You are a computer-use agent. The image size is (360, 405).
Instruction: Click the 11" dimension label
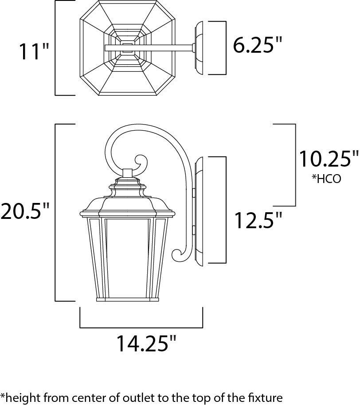point(33,51)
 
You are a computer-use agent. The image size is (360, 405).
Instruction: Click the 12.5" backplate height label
point(258,220)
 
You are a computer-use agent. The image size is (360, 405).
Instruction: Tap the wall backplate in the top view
point(198,47)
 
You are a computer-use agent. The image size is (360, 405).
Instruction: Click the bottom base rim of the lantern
point(128,300)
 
